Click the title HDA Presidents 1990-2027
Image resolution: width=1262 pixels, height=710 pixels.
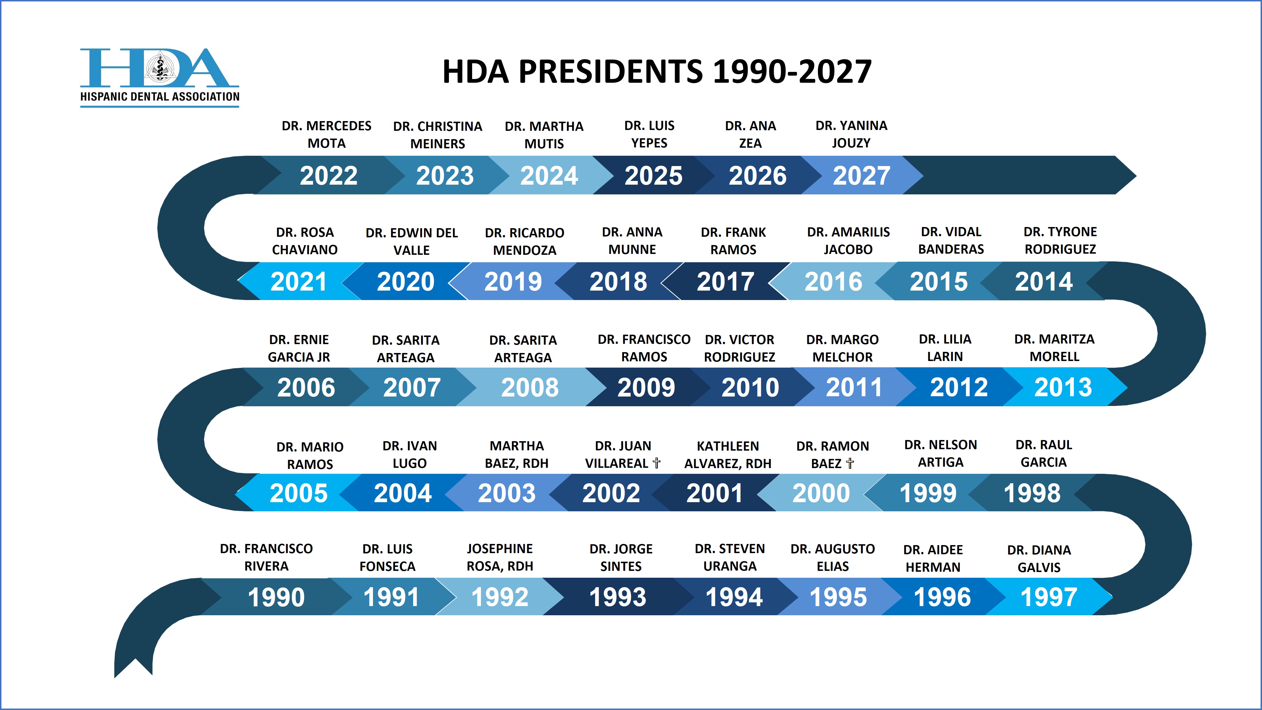[656, 72]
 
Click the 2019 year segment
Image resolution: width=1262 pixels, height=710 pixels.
[513, 281]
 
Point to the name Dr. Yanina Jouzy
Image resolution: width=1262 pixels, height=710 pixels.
[851, 134]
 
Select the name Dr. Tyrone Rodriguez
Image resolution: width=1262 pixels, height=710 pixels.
[1060, 240]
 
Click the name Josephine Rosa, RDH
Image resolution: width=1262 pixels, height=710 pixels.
[500, 557]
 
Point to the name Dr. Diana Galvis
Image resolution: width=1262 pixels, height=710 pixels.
[1039, 559]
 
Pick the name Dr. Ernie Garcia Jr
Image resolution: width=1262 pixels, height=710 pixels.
[299, 348]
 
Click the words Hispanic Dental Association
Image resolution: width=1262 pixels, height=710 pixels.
[160, 96]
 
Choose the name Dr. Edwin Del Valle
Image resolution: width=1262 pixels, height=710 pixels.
[411, 241]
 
